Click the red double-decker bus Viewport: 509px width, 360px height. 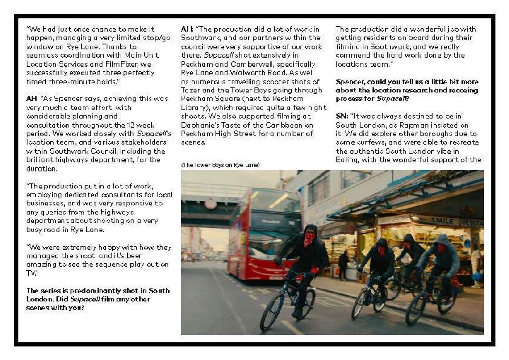pos(263,232)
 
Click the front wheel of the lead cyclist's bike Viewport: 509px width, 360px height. pos(271,311)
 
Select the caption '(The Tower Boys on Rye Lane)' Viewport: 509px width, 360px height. pos(220,165)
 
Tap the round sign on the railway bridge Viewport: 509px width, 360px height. pos(210,204)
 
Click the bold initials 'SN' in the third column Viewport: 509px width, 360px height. pos(341,116)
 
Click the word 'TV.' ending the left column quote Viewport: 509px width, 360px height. pos(31,273)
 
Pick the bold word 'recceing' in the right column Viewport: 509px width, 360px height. pos(462,90)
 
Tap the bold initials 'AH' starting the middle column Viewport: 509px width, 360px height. pos(186,29)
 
